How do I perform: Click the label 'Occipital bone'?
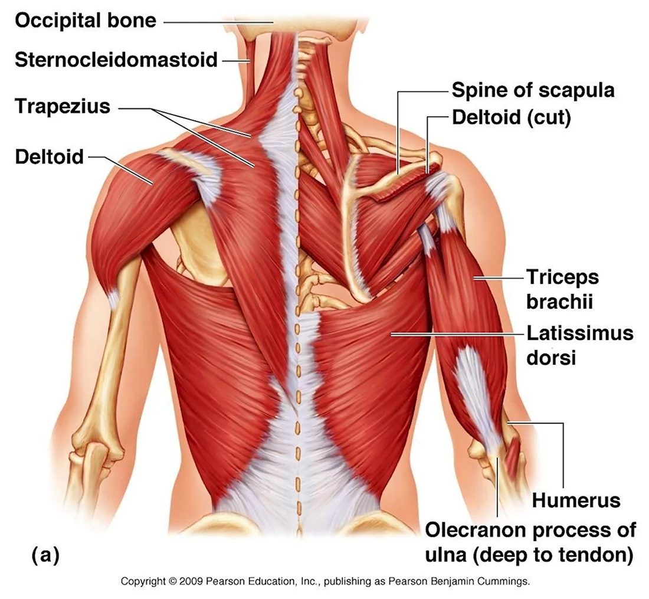86,21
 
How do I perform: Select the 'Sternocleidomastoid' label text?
116,60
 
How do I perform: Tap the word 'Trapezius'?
63,107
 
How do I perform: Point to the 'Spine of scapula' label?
533,91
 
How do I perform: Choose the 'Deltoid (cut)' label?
512,118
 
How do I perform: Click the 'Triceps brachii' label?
562,289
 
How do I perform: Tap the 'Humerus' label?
576,500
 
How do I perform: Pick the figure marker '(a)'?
45,555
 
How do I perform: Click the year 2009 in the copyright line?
191,582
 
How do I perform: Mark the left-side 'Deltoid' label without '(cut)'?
49,158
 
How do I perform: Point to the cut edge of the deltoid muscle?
403,183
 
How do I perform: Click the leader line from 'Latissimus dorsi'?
457,333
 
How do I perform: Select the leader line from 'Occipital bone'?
218,21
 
